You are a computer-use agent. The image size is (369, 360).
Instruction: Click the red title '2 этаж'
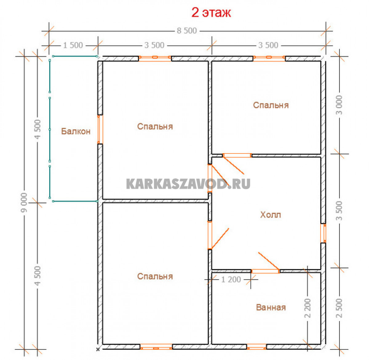click(x=211, y=13)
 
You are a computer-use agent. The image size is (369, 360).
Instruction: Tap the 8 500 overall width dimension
click(x=187, y=31)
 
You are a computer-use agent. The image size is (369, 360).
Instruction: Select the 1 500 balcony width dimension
click(x=73, y=45)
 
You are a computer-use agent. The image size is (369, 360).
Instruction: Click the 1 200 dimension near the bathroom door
click(x=231, y=279)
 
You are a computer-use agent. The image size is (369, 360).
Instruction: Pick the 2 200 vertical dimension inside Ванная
click(x=307, y=308)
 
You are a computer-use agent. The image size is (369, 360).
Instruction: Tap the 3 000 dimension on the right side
click(x=339, y=105)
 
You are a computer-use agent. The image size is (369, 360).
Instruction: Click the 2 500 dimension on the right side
click(x=339, y=308)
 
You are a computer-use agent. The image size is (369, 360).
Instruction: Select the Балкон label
click(x=76, y=131)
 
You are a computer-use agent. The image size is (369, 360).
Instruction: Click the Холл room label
click(x=270, y=215)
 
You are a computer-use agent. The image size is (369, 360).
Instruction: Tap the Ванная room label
click(x=271, y=307)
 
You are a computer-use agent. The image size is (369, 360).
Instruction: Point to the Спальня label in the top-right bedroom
click(x=271, y=105)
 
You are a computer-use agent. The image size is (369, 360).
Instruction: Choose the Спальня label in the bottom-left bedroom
click(x=155, y=276)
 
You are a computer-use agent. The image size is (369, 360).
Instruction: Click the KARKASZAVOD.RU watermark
click(x=188, y=184)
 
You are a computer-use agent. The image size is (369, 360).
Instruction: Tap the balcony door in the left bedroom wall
click(x=100, y=130)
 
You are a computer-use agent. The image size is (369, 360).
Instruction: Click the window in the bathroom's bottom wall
click(x=256, y=347)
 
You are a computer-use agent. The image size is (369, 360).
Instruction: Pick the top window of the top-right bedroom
click(x=269, y=58)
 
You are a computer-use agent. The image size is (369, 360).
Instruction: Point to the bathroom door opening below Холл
click(x=265, y=271)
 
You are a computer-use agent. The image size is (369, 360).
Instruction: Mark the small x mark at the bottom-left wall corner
click(x=98, y=349)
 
